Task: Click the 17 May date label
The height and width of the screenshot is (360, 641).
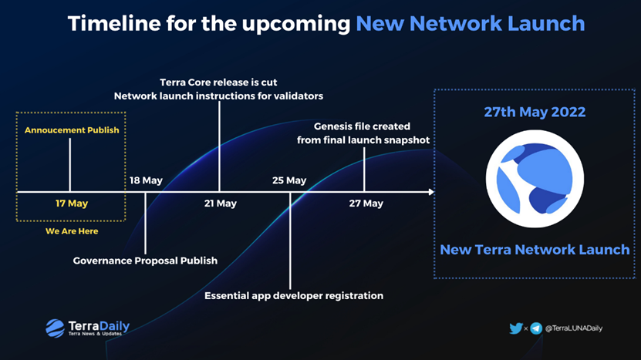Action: [72, 203]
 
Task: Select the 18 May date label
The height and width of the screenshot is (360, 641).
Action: [146, 180]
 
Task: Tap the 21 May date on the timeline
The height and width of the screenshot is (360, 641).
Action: [221, 203]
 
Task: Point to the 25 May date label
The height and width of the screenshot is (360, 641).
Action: [289, 180]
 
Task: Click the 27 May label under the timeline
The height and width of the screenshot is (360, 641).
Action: [366, 203]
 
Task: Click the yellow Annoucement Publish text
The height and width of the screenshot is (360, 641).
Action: [72, 130]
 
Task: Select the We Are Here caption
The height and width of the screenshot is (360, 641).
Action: [72, 230]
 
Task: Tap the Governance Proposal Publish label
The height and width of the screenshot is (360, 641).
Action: [145, 261]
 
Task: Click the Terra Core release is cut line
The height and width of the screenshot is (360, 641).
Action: [218, 82]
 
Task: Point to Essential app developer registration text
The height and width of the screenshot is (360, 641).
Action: [294, 295]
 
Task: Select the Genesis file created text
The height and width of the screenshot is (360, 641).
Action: [362, 126]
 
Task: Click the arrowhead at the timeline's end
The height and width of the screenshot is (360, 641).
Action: [431, 192]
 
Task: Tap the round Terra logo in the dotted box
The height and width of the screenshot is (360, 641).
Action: [535, 179]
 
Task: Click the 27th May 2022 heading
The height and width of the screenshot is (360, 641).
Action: [535, 112]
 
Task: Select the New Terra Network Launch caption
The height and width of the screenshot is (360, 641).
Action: [535, 249]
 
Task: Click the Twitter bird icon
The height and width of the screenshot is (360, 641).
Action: [516, 328]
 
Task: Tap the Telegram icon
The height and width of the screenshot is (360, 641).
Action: [536, 328]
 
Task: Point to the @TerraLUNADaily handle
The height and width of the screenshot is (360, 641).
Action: [574, 328]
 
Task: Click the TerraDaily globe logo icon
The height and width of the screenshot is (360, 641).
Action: [56, 328]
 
